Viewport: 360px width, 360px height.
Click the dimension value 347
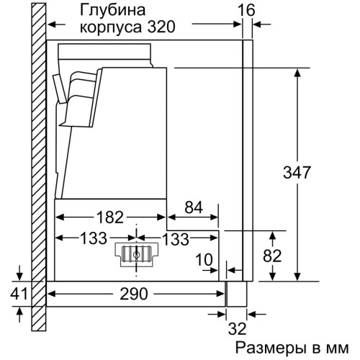297,172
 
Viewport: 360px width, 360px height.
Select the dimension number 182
110,217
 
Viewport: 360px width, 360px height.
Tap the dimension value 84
194,207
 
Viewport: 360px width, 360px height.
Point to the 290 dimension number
134,294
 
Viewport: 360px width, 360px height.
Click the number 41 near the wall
19,293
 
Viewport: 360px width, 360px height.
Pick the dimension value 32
237,328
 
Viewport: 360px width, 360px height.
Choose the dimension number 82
272,256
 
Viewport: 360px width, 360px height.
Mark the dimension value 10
204,260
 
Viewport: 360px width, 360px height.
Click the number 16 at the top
246,10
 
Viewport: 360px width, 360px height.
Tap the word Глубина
112,11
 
